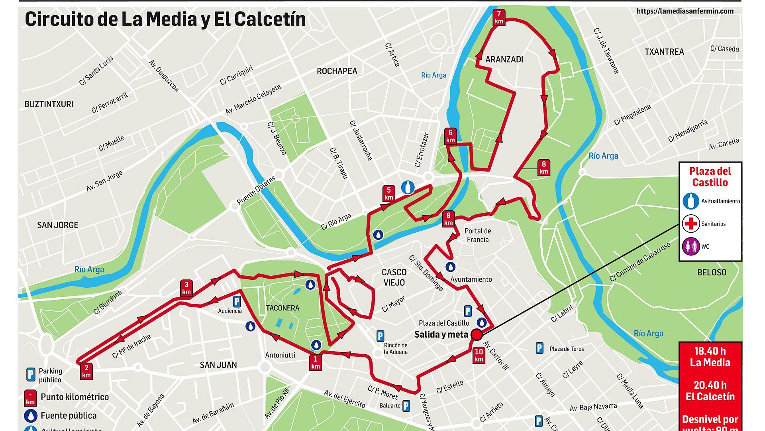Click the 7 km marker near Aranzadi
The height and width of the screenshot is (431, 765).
499,17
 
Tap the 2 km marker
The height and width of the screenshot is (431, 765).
86,371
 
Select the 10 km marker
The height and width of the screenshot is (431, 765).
479,355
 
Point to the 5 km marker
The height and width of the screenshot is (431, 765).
388,193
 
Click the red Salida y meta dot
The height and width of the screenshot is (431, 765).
476,335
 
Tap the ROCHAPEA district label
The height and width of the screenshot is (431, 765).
337,71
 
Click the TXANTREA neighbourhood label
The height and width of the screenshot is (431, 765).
664,51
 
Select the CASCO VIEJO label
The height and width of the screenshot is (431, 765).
394,277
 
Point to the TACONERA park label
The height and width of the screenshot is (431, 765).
282,308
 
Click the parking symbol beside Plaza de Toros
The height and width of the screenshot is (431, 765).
539,348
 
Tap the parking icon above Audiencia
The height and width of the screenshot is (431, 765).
236,301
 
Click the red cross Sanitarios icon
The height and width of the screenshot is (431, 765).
690,223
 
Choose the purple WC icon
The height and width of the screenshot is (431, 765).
690,246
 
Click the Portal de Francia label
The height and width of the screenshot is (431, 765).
477,235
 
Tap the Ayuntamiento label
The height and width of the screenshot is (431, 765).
471,279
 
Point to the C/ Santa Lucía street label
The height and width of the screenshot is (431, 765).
96,71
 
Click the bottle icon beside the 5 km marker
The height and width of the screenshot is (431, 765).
408,187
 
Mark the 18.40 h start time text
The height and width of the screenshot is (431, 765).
710,351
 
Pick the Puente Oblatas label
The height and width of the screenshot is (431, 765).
256,191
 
